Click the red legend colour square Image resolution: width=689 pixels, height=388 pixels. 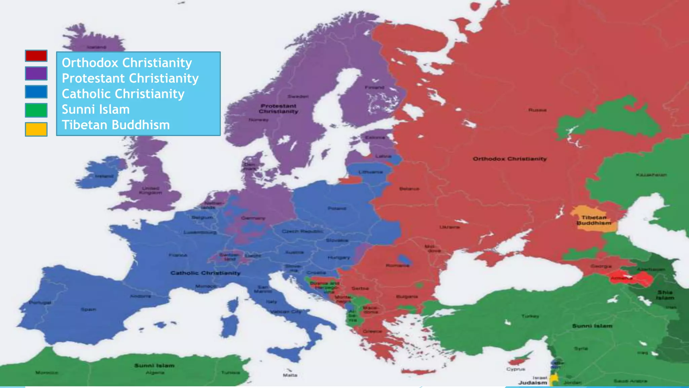pyautogui.click(x=36, y=56)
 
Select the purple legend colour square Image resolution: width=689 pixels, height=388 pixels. pyautogui.click(x=36, y=73)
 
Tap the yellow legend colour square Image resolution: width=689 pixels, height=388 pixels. pyautogui.click(x=36, y=129)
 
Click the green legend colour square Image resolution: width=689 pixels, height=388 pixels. pyautogui.click(x=36, y=110)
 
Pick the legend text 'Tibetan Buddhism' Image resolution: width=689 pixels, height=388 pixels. pyautogui.click(x=116, y=125)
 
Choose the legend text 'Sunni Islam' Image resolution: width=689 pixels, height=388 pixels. pyautogui.click(x=96, y=109)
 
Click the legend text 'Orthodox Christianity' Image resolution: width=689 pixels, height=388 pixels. pyautogui.click(x=127, y=63)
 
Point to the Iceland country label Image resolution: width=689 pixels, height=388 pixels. pyautogui.click(x=97, y=47)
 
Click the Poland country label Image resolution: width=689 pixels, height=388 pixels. pyautogui.click(x=337, y=208)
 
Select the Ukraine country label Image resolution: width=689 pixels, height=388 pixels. pyautogui.click(x=449, y=227)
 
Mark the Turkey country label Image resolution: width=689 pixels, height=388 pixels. pyautogui.click(x=530, y=316)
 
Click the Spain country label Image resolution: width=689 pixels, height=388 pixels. pyautogui.click(x=88, y=309)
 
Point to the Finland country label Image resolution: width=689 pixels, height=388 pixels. pyautogui.click(x=374, y=87)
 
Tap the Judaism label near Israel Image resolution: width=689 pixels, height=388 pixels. pyautogui.click(x=532, y=383)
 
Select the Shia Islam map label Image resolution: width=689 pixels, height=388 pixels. pyautogui.click(x=665, y=295)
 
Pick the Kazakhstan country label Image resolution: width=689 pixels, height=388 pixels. pyautogui.click(x=651, y=175)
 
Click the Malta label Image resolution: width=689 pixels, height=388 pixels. pyautogui.click(x=290, y=375)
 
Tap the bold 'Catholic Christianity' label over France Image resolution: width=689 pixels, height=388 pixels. pyautogui.click(x=205, y=273)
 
